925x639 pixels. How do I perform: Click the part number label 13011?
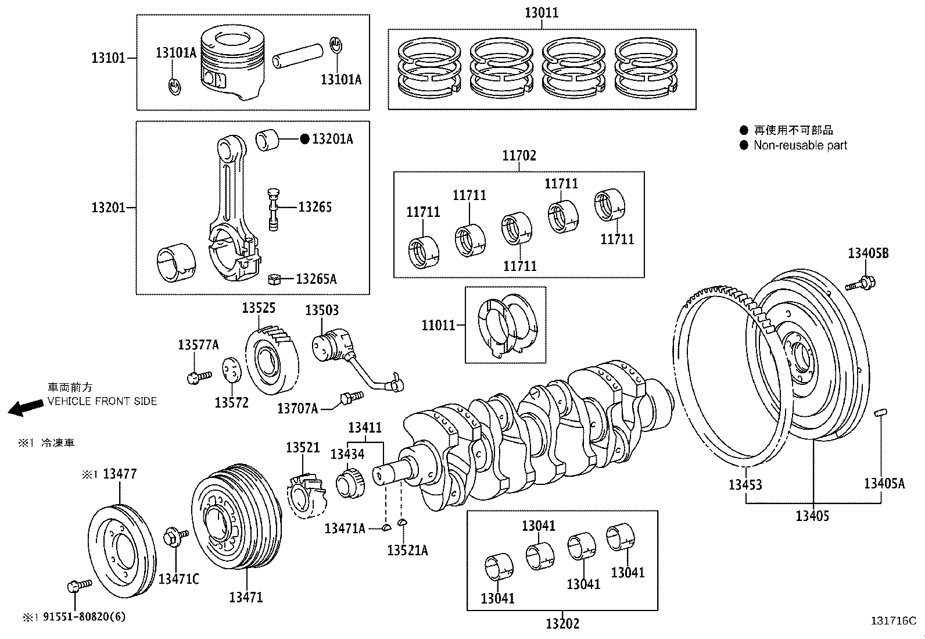(542, 12)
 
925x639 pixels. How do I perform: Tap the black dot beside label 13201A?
(304, 139)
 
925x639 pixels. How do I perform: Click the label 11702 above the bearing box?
(519, 155)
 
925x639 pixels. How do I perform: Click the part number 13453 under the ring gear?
(745, 484)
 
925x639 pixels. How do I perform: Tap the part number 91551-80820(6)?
(84, 617)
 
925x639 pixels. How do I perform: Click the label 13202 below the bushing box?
(562, 623)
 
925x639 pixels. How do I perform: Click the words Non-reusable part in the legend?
(800, 145)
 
